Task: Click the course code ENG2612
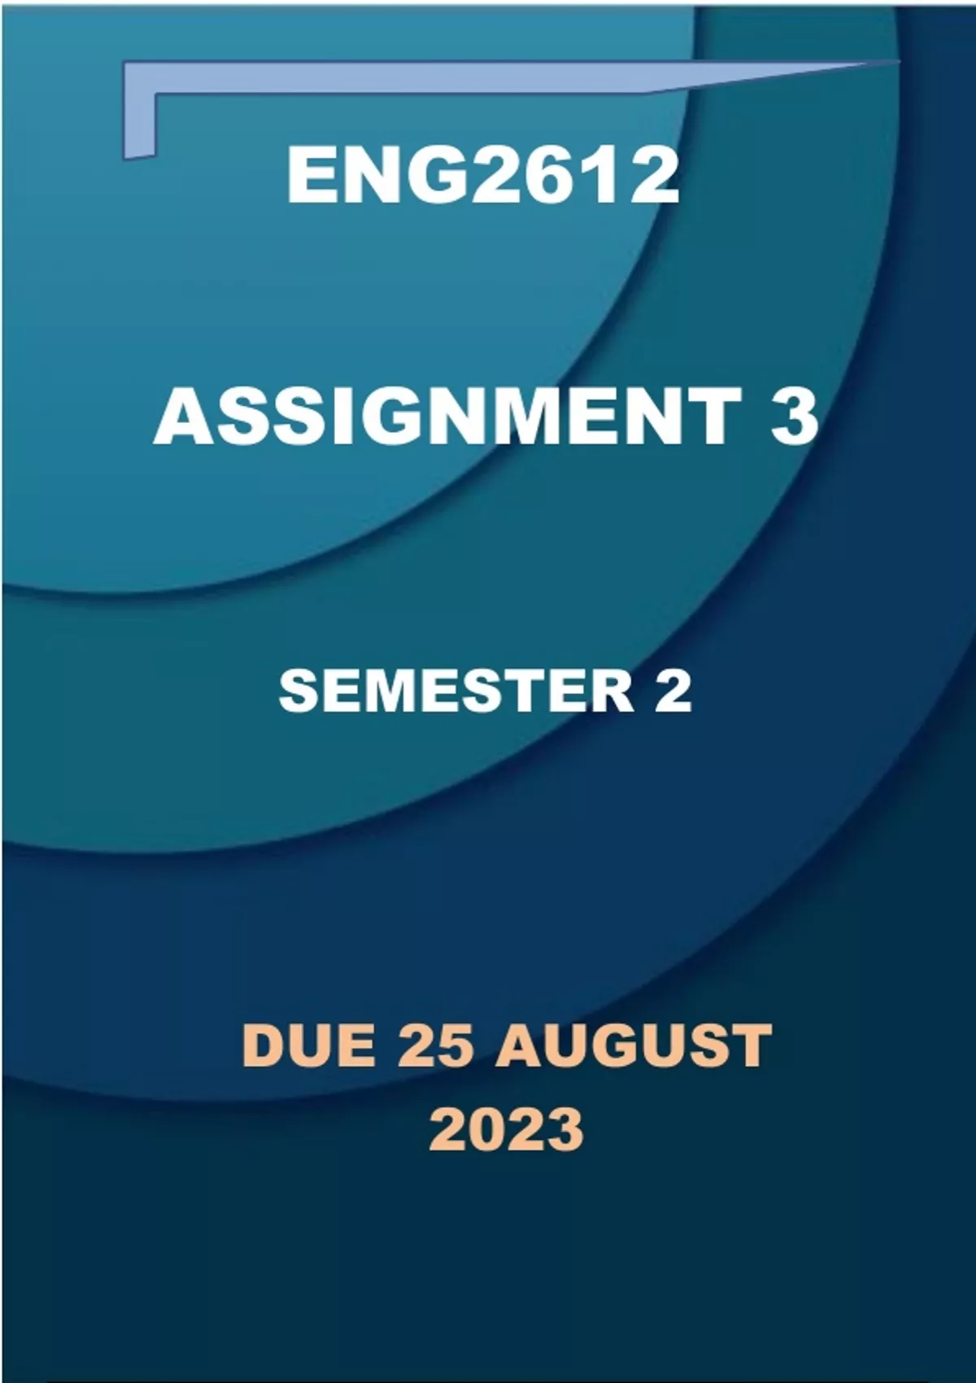click(x=483, y=177)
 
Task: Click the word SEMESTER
click(x=456, y=691)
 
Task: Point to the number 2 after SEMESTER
click(x=673, y=691)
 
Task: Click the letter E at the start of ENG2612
click(x=309, y=177)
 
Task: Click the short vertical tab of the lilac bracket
click(x=139, y=124)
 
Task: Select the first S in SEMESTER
click(x=298, y=691)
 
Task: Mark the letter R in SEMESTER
click(x=613, y=691)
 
